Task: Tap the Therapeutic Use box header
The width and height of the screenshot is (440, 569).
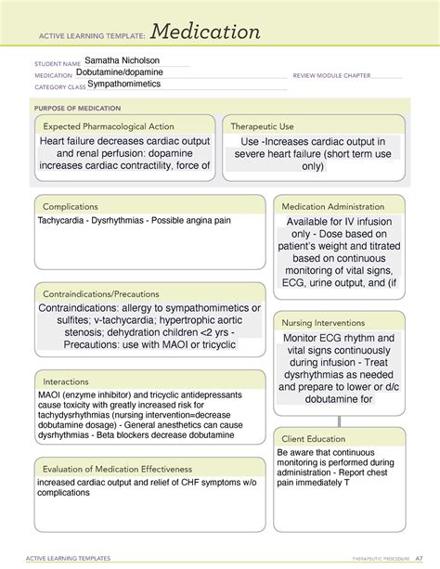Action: click(263, 125)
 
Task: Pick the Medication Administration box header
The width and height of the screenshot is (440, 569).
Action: click(333, 206)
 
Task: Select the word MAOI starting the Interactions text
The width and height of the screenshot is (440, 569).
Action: click(50, 395)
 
